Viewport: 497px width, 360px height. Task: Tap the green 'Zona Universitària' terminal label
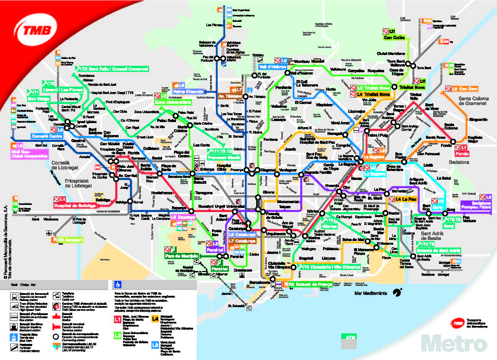point(173,102)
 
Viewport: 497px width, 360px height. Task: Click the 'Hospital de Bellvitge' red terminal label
point(75,206)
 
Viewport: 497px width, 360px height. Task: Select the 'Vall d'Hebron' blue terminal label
point(273,67)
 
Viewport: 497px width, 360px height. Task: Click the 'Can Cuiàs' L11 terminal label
point(394,37)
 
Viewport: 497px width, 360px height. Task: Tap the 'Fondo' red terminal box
point(462,154)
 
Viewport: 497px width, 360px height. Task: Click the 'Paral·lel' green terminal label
point(220,269)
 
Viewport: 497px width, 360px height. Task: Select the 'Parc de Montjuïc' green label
point(181,256)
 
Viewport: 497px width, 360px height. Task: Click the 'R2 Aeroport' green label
point(70,240)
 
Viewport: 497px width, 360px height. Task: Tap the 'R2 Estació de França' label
point(310,284)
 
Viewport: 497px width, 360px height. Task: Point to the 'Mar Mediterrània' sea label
point(371,293)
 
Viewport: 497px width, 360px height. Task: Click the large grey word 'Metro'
point(454,343)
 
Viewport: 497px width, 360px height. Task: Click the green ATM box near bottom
point(351,337)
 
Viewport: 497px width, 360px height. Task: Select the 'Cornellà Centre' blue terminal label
point(47,136)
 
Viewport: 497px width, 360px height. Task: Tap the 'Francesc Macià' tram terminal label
point(224,157)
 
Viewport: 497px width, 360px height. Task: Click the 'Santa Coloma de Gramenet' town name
point(473,101)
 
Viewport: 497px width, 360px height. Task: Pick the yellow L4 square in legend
point(155,319)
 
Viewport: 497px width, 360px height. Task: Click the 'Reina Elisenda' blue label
point(188,91)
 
